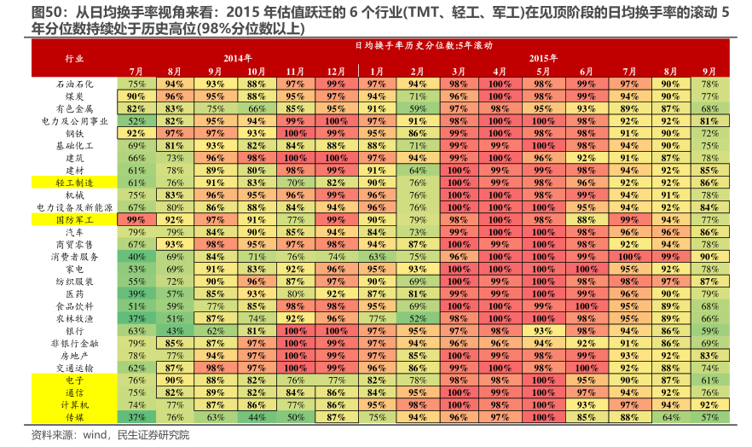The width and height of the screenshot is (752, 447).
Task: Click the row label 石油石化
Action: tap(74, 84)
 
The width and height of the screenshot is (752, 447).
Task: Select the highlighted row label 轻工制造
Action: tap(74, 183)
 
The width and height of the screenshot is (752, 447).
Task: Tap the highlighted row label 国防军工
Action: tap(74, 219)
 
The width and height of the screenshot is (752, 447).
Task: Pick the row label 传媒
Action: tap(74, 416)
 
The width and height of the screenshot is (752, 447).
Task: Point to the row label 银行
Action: tap(74, 330)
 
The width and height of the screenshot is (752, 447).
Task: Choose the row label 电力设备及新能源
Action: tap(74, 207)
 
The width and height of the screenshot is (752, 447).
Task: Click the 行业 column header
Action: tap(74, 59)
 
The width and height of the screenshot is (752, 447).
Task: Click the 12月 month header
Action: tap(335, 72)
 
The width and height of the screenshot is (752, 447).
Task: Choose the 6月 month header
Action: tap(586, 72)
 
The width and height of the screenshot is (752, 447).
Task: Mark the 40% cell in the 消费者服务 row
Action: tap(136, 256)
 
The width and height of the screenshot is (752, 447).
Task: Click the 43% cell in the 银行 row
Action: tap(176, 330)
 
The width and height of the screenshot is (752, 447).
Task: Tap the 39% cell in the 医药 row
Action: tap(136, 293)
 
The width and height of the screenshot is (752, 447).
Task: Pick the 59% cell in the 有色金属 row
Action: tap(417, 109)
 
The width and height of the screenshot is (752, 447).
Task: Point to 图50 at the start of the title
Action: tap(25, 11)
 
